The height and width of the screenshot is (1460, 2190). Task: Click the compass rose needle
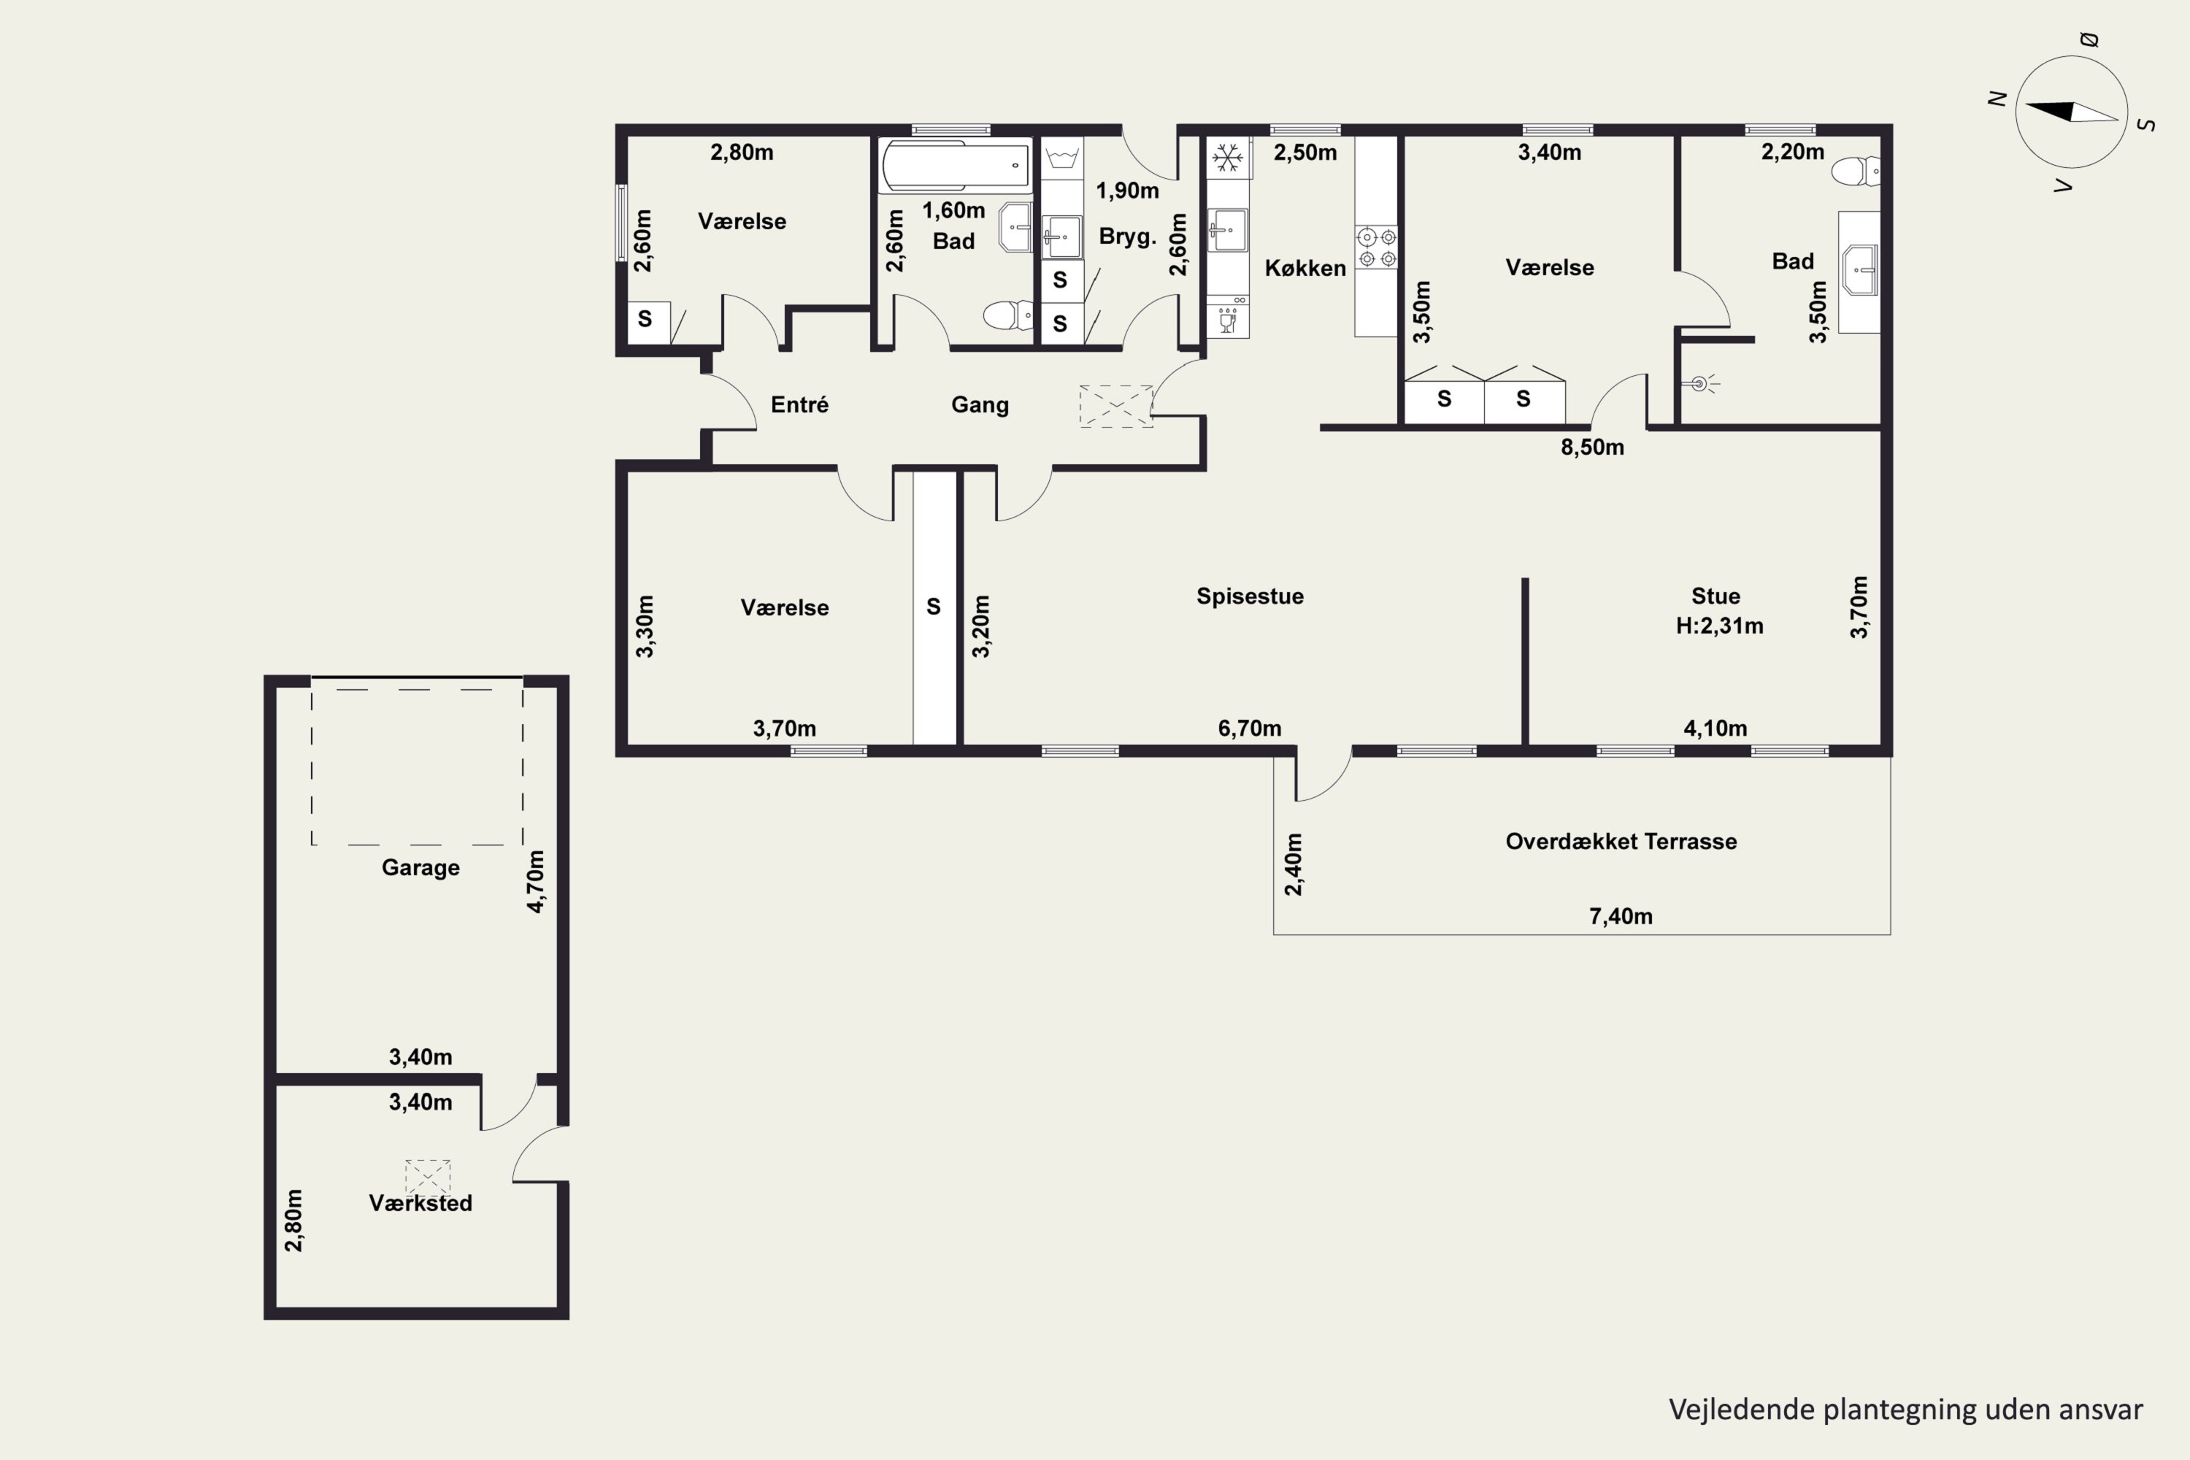(x=2071, y=112)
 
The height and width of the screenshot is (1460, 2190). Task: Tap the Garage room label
(x=421, y=868)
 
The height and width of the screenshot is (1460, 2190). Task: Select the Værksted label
(x=421, y=1203)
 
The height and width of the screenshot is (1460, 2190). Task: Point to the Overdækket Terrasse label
(x=1621, y=842)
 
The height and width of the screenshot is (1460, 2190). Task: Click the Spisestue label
(x=1250, y=596)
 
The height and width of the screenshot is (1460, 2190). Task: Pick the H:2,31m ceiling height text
(x=1719, y=626)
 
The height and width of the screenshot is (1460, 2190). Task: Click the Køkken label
(x=1305, y=268)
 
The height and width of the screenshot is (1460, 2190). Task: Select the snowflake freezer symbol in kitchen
(x=1228, y=158)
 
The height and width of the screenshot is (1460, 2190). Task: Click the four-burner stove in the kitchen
(x=1377, y=247)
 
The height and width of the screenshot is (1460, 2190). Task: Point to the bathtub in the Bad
(x=956, y=166)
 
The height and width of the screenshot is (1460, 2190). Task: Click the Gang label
(x=980, y=405)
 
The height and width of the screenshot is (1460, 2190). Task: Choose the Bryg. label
(x=1128, y=237)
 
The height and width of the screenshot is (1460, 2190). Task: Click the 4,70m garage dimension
(x=537, y=881)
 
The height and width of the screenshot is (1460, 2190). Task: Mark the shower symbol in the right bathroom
(x=1701, y=383)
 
